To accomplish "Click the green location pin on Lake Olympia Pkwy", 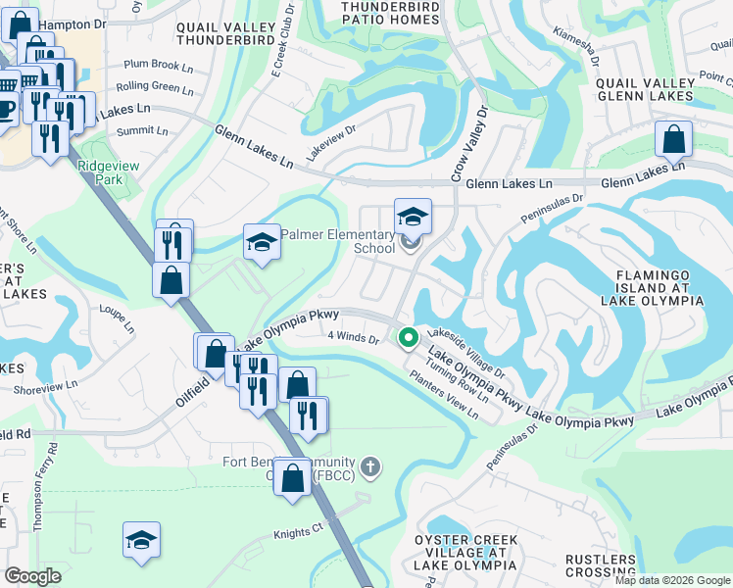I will click(x=408, y=338).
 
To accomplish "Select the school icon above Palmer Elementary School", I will click(x=413, y=216).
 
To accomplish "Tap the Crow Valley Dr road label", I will click(x=467, y=145).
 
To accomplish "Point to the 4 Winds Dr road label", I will click(x=354, y=337).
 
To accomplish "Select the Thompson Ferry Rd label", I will click(x=45, y=486).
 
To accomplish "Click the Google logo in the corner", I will click(x=32, y=575).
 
